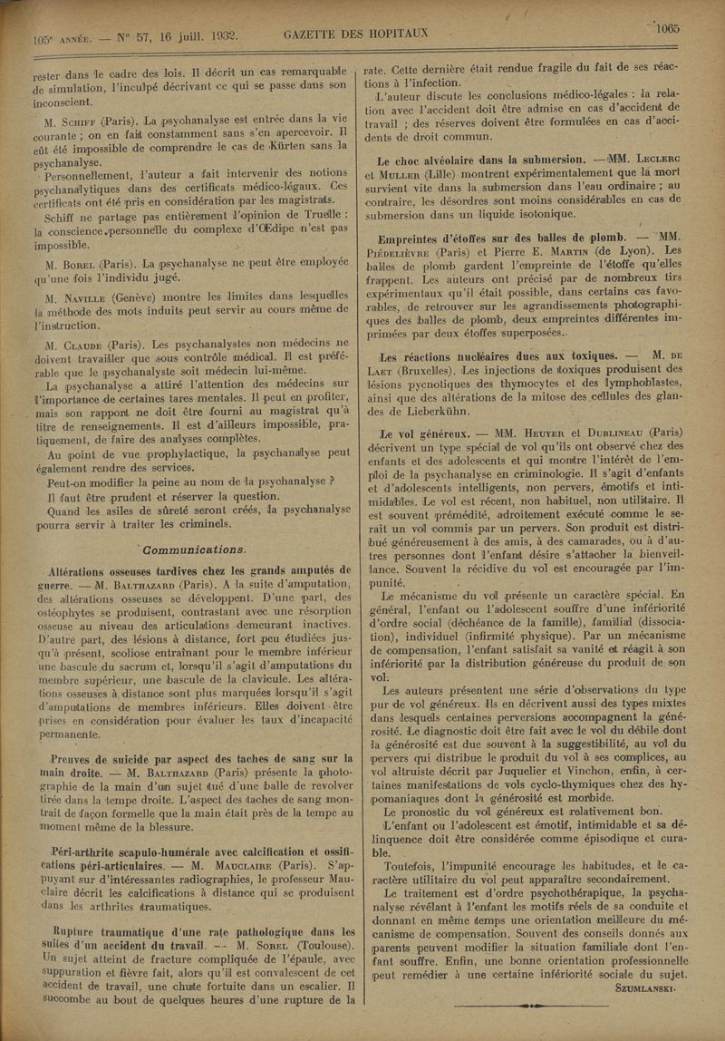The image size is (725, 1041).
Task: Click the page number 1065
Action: [x=668, y=28]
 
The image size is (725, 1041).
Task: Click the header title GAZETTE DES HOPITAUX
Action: [x=355, y=34]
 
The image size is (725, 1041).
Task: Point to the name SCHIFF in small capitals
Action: [x=77, y=117]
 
